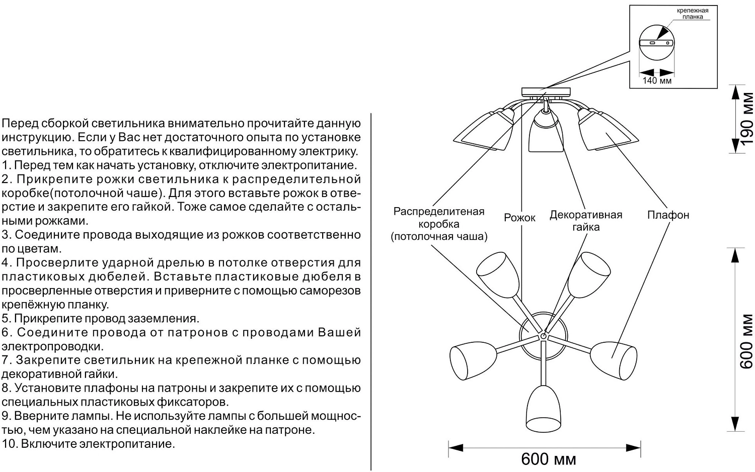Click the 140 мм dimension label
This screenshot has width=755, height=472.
coord(657,80)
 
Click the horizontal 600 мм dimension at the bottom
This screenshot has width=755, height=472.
coord(548,458)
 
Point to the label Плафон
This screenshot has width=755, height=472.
coord(668,215)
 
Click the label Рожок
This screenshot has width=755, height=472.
coord(519,218)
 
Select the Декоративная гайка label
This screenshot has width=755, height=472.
coord(585,221)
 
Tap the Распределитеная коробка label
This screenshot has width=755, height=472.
coord(438,224)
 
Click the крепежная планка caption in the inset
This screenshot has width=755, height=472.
coord(693,14)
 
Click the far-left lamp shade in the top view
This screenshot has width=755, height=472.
coord(466,362)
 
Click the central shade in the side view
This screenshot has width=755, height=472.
coord(545,134)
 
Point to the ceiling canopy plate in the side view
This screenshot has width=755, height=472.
coord(546,91)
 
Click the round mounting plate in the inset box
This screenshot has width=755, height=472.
coord(657,43)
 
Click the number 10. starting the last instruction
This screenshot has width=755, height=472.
coord(10,444)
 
